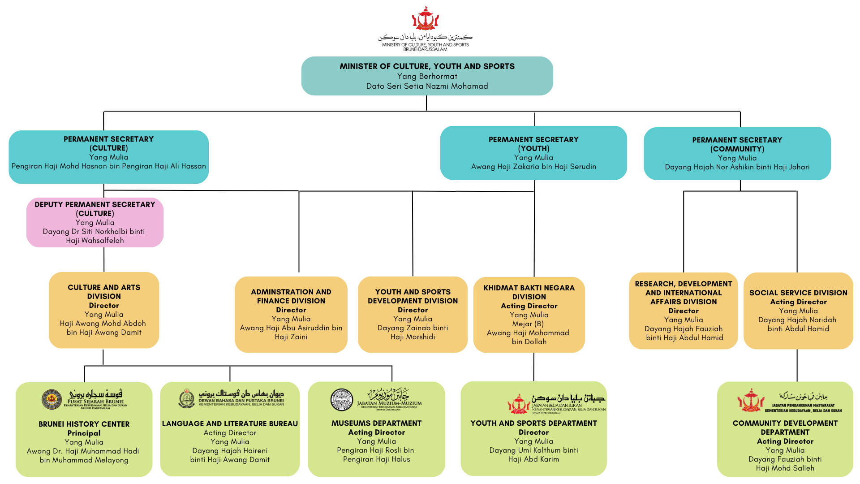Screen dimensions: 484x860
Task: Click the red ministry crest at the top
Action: pyautogui.click(x=425, y=18)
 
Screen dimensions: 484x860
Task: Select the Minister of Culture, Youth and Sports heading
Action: pyautogui.click(x=427, y=66)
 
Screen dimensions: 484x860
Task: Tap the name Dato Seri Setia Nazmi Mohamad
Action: pyautogui.click(x=427, y=86)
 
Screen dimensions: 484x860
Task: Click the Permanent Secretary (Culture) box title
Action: pyautogui.click(x=108, y=143)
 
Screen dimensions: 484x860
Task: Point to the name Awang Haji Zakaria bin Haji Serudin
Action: pyautogui.click(x=533, y=167)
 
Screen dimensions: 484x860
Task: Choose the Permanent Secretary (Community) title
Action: pyautogui.click(x=737, y=144)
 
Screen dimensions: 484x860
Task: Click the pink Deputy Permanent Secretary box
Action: pyautogui.click(x=95, y=222)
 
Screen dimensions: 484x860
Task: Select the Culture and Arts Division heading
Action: pyautogui.click(x=104, y=292)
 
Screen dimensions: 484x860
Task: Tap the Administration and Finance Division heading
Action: pyautogui.click(x=291, y=296)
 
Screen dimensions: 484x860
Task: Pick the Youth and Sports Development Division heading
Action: pyautogui.click(x=413, y=296)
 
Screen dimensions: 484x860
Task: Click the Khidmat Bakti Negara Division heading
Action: pyautogui.click(x=529, y=292)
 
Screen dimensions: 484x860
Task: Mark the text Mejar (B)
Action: pyautogui.click(x=528, y=324)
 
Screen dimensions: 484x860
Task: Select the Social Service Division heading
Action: pyautogui.click(x=798, y=293)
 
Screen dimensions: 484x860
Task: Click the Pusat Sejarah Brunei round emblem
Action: pyautogui.click(x=52, y=399)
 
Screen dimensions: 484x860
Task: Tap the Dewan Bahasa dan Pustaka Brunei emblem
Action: pyautogui.click(x=186, y=398)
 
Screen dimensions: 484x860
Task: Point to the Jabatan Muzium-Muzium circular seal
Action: pyautogui.click(x=342, y=399)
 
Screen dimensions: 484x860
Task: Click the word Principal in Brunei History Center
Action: pyautogui.click(x=84, y=433)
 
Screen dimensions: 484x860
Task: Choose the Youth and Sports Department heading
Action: pyautogui.click(x=533, y=423)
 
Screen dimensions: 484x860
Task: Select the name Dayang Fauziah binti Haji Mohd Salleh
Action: pyautogui.click(x=785, y=463)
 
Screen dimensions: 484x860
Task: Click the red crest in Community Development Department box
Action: pyautogui.click(x=750, y=401)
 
